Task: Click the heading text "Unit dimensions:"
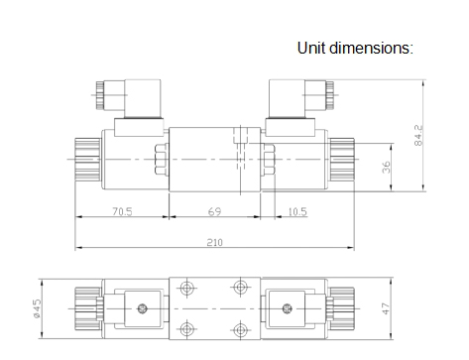click(x=355, y=48)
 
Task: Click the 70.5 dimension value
click(x=122, y=211)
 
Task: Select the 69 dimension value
click(x=214, y=211)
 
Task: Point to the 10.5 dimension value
click(x=297, y=211)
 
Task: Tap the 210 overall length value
click(x=215, y=243)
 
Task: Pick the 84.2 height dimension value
click(x=418, y=135)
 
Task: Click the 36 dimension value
click(x=386, y=168)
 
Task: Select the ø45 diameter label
click(x=38, y=308)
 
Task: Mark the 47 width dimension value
click(x=386, y=308)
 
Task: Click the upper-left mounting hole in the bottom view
click(x=186, y=288)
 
